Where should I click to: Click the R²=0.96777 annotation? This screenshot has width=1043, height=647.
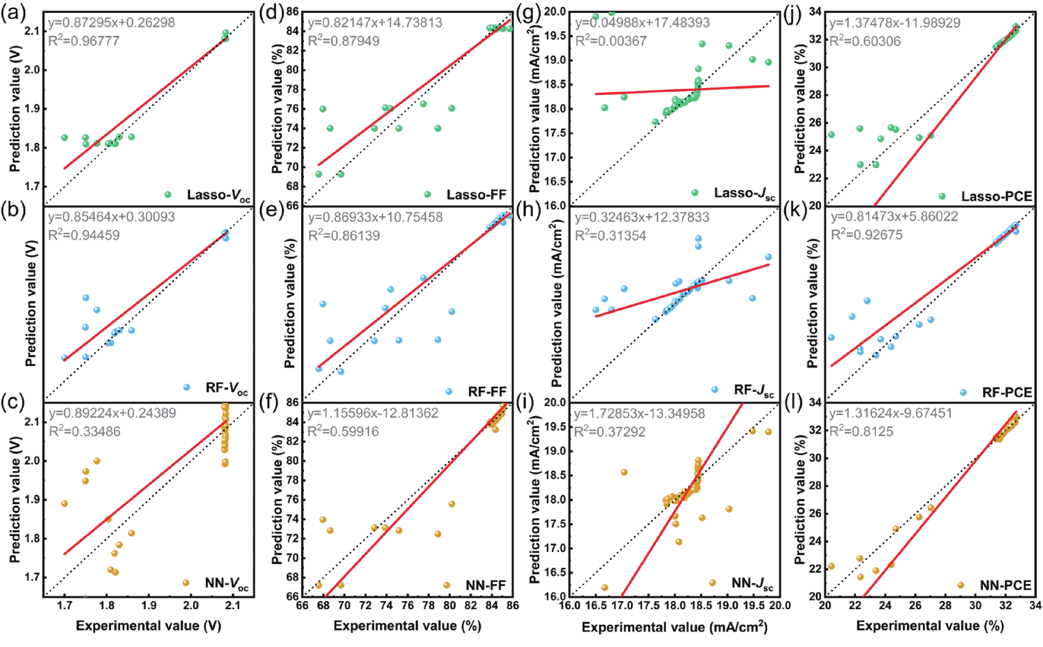click(83, 41)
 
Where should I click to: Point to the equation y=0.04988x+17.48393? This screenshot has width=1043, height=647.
click(642, 22)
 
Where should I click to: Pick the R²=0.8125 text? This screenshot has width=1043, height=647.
click(861, 431)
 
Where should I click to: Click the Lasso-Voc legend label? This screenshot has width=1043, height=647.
click(218, 196)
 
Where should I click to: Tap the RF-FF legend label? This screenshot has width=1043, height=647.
click(487, 392)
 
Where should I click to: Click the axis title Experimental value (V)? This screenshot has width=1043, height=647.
click(149, 626)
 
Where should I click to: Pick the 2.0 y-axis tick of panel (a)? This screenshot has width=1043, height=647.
click(29, 70)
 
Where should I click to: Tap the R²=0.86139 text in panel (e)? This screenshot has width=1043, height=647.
click(344, 236)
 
